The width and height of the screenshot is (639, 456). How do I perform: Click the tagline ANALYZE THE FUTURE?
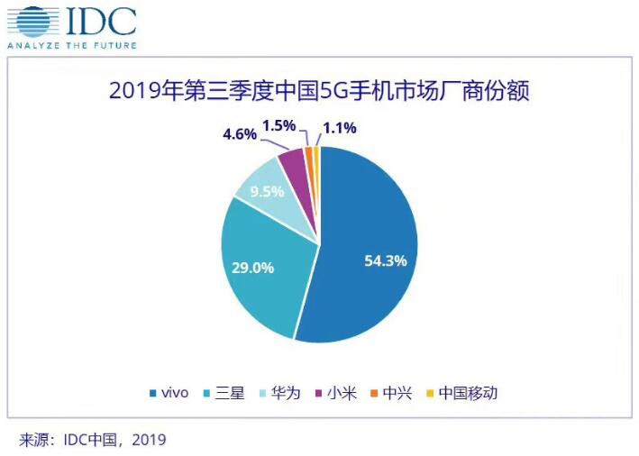click(x=72, y=45)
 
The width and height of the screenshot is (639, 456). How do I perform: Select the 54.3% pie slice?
click(x=370, y=243)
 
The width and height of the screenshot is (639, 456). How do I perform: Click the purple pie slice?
click(x=295, y=161)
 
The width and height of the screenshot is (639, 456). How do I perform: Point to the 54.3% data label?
click(x=386, y=261)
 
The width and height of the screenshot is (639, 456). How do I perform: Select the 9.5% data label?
click(x=266, y=192)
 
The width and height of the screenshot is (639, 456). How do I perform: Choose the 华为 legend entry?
click(x=282, y=393)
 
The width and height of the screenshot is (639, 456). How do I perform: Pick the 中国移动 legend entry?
click(x=461, y=393)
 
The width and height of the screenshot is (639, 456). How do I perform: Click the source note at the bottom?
click(x=94, y=440)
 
